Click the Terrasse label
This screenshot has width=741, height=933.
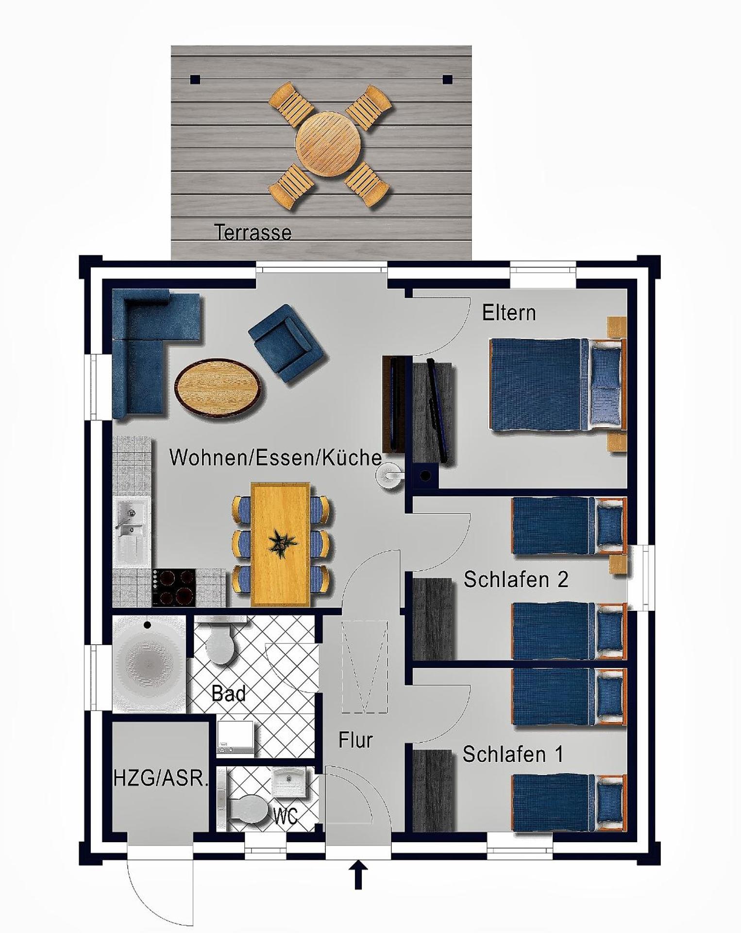(x=253, y=232)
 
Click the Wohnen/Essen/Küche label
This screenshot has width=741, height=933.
(x=275, y=458)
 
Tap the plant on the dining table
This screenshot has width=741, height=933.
(x=280, y=542)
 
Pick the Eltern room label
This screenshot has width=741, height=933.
(x=509, y=313)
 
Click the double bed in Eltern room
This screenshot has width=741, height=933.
(x=554, y=384)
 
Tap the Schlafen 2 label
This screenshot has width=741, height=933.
(x=516, y=580)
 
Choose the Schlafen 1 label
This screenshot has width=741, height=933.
(x=513, y=754)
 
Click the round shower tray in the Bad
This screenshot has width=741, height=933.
(x=149, y=663)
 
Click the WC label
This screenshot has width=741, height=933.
(x=286, y=816)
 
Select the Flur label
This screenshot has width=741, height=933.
(x=355, y=741)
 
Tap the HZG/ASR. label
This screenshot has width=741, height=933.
(x=161, y=779)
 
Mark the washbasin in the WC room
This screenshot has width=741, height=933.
(x=289, y=782)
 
